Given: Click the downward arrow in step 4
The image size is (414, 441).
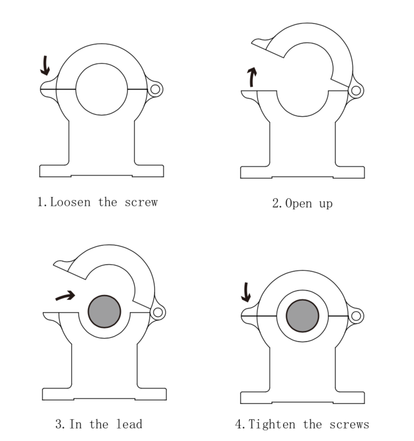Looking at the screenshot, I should [246, 293].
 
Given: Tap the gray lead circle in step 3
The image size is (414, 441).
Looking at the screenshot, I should [104, 311].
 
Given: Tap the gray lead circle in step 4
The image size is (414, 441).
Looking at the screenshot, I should [302, 315].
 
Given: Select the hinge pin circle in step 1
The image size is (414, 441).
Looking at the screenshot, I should [155, 89].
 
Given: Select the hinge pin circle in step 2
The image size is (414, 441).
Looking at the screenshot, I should [356, 91].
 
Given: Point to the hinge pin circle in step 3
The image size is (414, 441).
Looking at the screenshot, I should [158, 312].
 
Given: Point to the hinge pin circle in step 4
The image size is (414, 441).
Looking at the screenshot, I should [356, 315].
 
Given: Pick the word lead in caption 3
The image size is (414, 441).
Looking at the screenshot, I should [129, 424].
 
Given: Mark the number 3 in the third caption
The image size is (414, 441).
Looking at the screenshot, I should [59, 424].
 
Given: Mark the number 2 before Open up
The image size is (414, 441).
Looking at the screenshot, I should [276, 204].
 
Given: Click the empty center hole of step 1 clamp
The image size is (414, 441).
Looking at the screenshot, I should [102, 89].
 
